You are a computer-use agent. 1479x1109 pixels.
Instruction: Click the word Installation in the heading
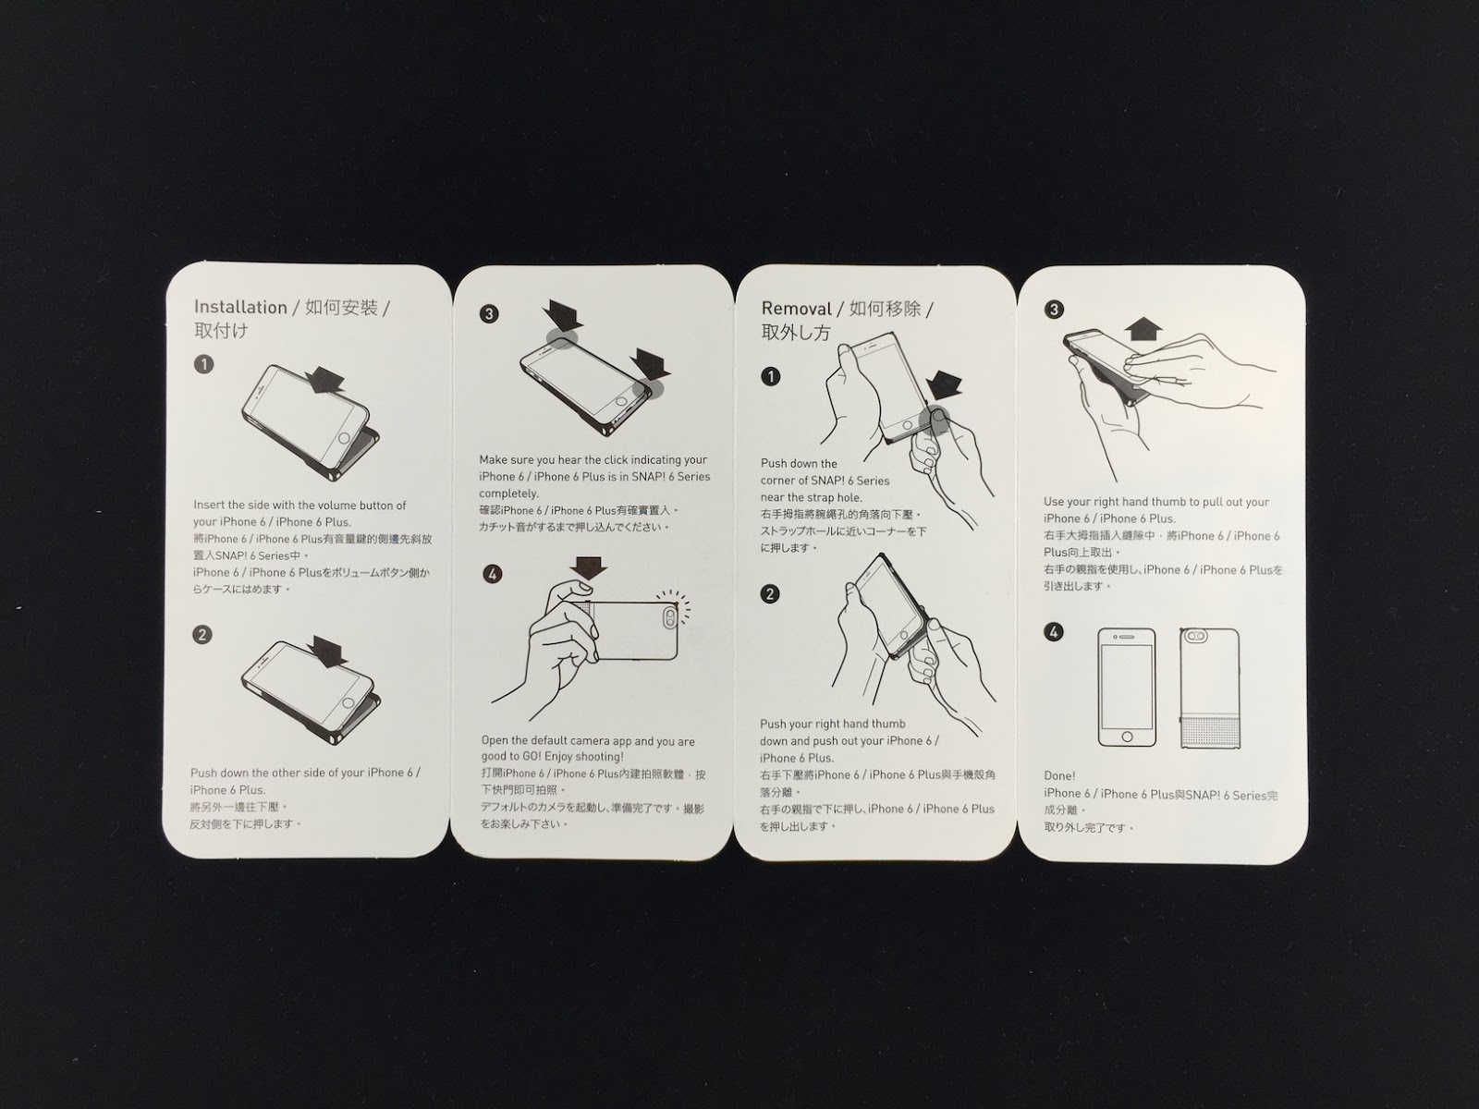click(240, 307)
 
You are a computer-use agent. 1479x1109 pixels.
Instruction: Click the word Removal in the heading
click(797, 309)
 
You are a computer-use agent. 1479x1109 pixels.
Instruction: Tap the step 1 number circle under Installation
click(203, 365)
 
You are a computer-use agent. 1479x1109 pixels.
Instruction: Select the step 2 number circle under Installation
click(202, 635)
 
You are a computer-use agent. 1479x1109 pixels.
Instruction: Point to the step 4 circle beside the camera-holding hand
click(493, 574)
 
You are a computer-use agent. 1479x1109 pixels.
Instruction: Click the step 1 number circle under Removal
click(770, 376)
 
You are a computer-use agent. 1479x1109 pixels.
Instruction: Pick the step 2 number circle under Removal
click(769, 594)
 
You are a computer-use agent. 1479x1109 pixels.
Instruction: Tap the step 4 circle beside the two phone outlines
click(1053, 632)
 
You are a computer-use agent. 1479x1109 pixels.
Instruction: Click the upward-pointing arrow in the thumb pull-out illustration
click(1143, 329)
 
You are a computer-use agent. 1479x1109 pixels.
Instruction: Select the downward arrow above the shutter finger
click(588, 567)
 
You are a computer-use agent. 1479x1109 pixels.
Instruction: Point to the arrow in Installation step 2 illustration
click(327, 652)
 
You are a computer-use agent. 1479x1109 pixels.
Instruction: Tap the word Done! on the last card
click(1059, 775)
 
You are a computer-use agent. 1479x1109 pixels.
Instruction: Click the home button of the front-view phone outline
click(1127, 737)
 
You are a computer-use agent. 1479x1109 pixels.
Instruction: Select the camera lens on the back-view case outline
click(1195, 636)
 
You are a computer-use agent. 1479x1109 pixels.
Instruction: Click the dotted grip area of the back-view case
click(1211, 732)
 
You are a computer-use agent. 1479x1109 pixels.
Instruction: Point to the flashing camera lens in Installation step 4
click(670, 617)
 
